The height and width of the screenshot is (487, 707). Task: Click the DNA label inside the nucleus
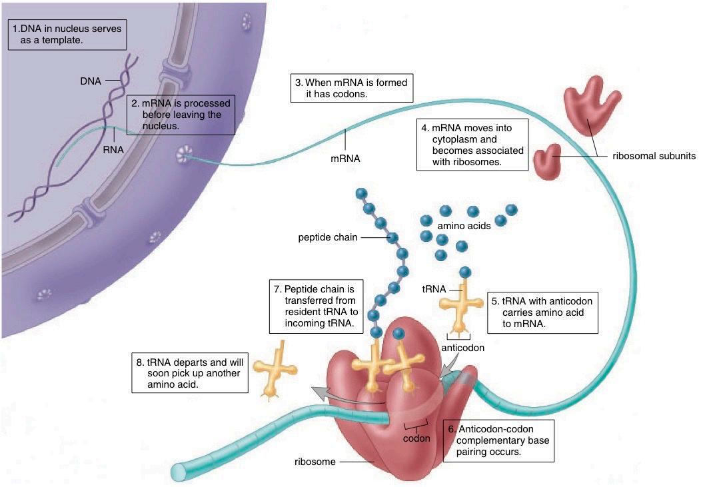90,81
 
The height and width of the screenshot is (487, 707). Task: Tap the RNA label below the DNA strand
113,150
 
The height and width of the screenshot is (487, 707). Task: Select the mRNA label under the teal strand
345,159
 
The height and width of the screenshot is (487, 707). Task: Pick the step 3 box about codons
350,88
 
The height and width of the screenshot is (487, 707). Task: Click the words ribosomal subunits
654,156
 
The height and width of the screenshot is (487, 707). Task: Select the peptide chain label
328,237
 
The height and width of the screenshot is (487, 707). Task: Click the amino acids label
464,226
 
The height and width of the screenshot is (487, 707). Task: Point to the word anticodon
462,347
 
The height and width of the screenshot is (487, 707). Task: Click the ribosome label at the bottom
315,461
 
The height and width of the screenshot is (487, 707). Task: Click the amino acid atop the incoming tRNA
465,272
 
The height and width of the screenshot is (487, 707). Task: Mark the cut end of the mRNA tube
178,471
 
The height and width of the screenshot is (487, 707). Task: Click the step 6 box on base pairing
499,440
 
